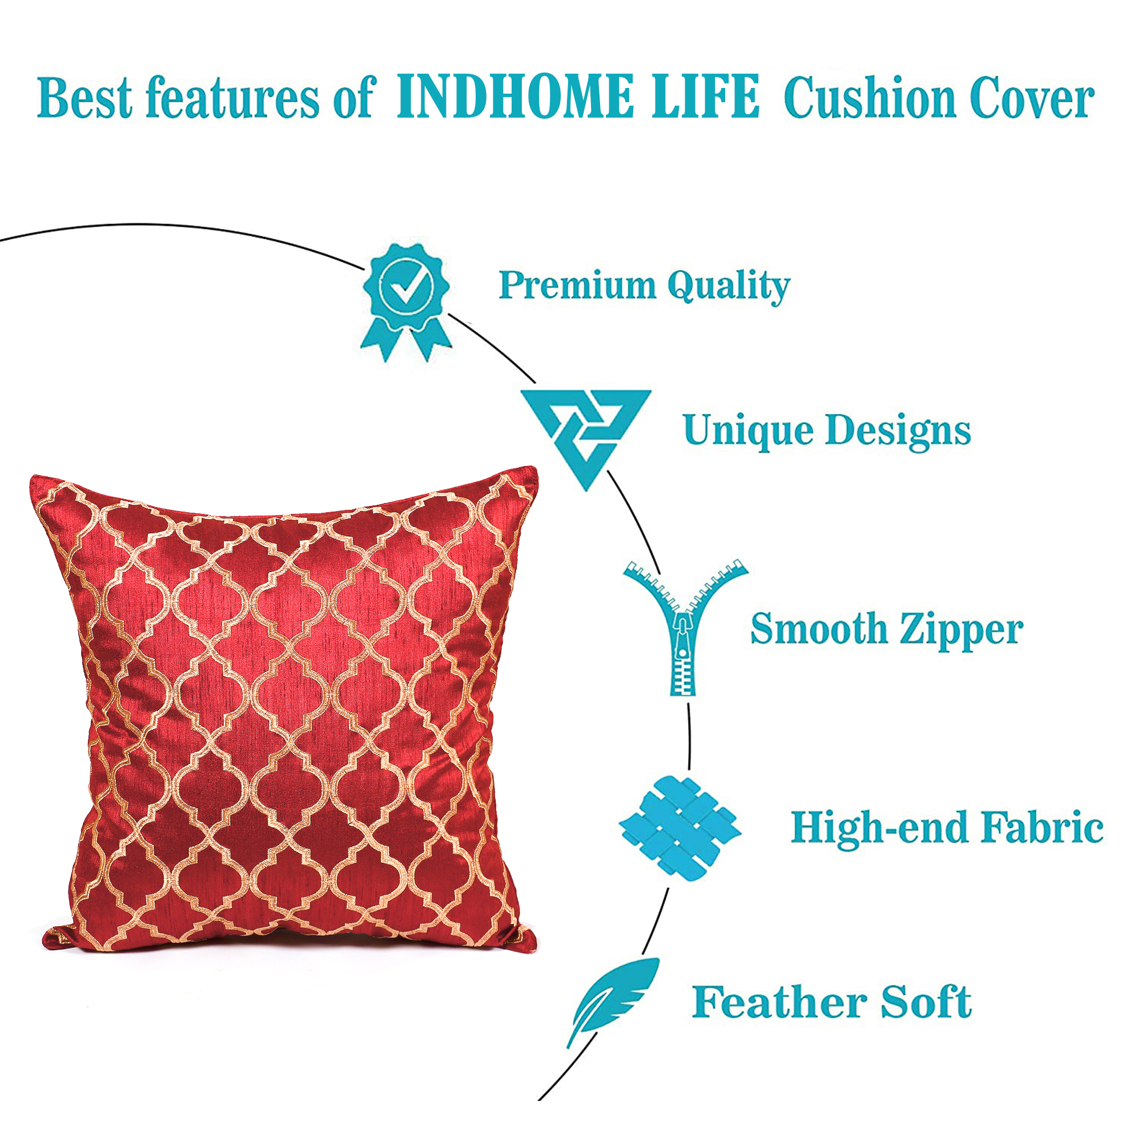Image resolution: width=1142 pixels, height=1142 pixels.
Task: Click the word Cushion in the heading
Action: [869, 98]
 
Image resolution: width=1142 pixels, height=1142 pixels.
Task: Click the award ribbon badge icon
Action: [406, 302]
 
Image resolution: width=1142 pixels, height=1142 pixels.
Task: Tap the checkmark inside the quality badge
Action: [405, 287]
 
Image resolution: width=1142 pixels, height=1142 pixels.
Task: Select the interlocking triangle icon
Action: [586, 438]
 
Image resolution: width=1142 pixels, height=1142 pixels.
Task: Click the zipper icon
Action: [685, 626]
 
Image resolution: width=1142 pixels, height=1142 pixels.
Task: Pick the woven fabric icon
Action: [679, 828]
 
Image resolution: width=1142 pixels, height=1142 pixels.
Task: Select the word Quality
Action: [728, 287]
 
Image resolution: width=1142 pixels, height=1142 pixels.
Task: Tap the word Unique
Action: [749, 431]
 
